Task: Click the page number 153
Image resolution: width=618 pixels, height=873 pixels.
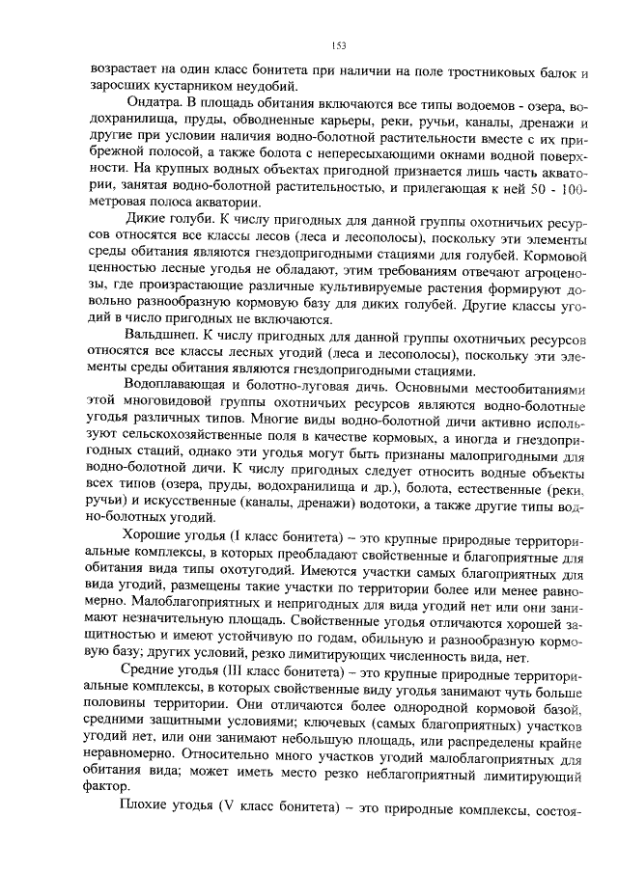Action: tap(338, 45)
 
